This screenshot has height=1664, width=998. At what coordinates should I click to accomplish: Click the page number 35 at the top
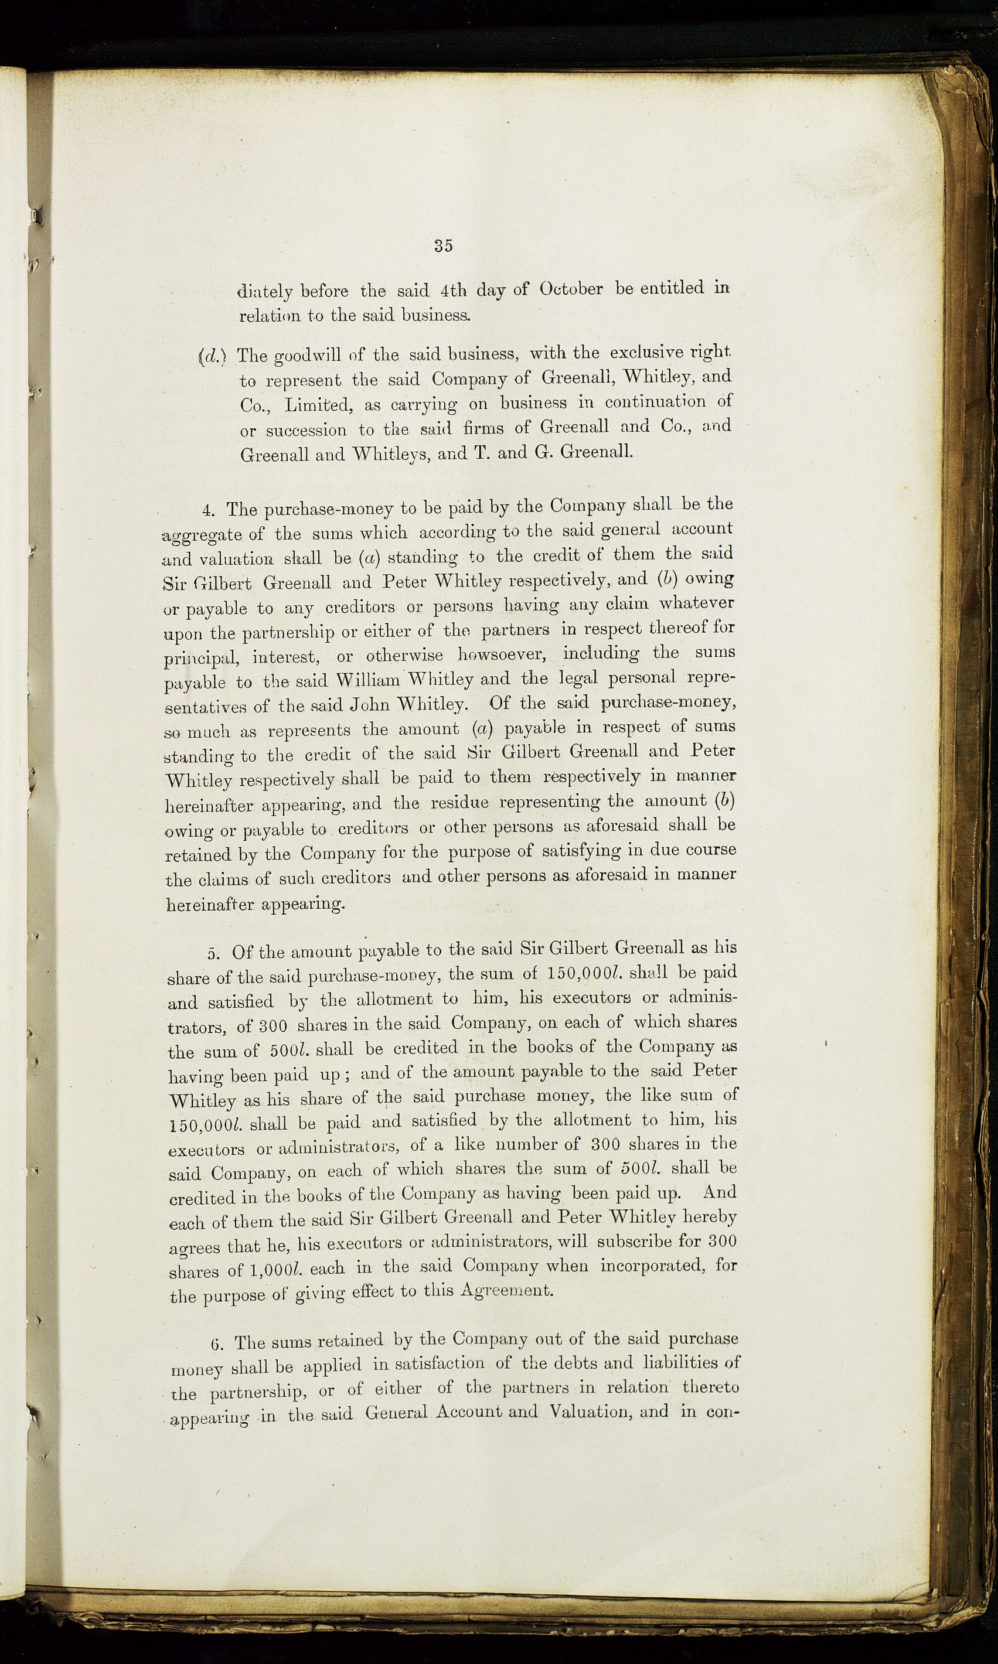pos(443,245)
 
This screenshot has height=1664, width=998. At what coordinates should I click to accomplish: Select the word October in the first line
pos(571,289)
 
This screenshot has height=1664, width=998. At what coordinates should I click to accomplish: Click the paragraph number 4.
pos(207,510)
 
